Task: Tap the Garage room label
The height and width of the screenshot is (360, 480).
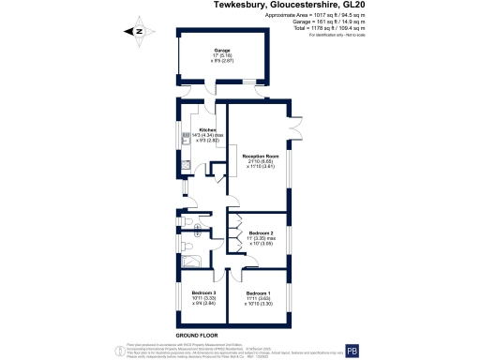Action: point(222,51)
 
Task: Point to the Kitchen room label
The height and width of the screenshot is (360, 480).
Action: point(207,130)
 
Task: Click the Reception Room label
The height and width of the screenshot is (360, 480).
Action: point(261,156)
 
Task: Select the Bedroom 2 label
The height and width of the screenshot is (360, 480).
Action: point(261,232)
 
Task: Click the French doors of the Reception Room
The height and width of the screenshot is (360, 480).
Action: point(298,125)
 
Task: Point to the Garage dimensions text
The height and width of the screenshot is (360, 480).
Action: point(222,58)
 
